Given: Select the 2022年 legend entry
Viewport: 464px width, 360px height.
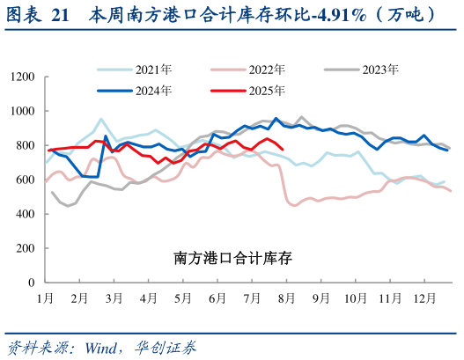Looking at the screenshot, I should point(265,69).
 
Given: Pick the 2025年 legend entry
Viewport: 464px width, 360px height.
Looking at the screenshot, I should point(265,89).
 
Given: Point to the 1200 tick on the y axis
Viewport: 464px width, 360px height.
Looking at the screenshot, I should point(24,77).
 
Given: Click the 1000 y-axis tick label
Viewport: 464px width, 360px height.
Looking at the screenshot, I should point(24,112).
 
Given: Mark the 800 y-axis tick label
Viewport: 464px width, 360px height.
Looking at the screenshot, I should point(26,146).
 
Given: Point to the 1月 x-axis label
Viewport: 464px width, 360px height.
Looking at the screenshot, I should point(46,298).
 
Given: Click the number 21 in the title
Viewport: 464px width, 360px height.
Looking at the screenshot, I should point(61,15).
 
